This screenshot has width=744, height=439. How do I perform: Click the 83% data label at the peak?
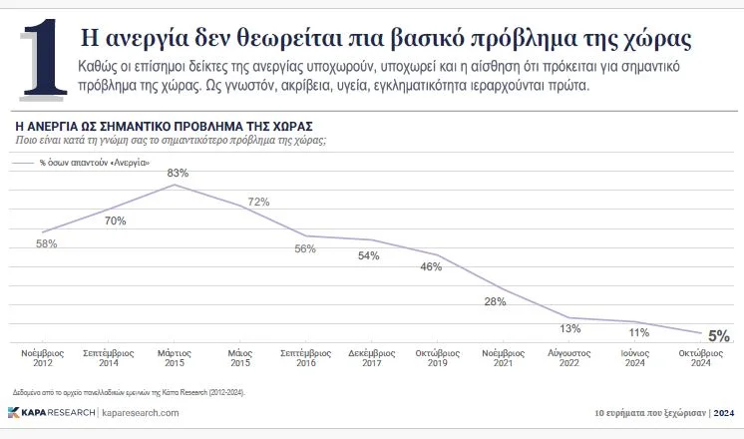(178, 173)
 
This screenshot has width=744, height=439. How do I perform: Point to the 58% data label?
(46, 244)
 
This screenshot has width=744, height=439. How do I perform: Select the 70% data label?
(115, 220)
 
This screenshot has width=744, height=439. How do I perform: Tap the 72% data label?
(258, 202)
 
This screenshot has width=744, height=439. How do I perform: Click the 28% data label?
(496, 301)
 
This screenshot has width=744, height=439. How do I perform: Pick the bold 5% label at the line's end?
(719, 336)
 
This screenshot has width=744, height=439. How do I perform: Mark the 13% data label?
(569, 329)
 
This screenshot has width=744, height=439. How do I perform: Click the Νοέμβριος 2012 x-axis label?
(43, 358)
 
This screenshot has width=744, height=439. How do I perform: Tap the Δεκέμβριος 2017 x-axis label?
(369, 358)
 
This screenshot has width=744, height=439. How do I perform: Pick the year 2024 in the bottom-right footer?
(725, 412)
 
